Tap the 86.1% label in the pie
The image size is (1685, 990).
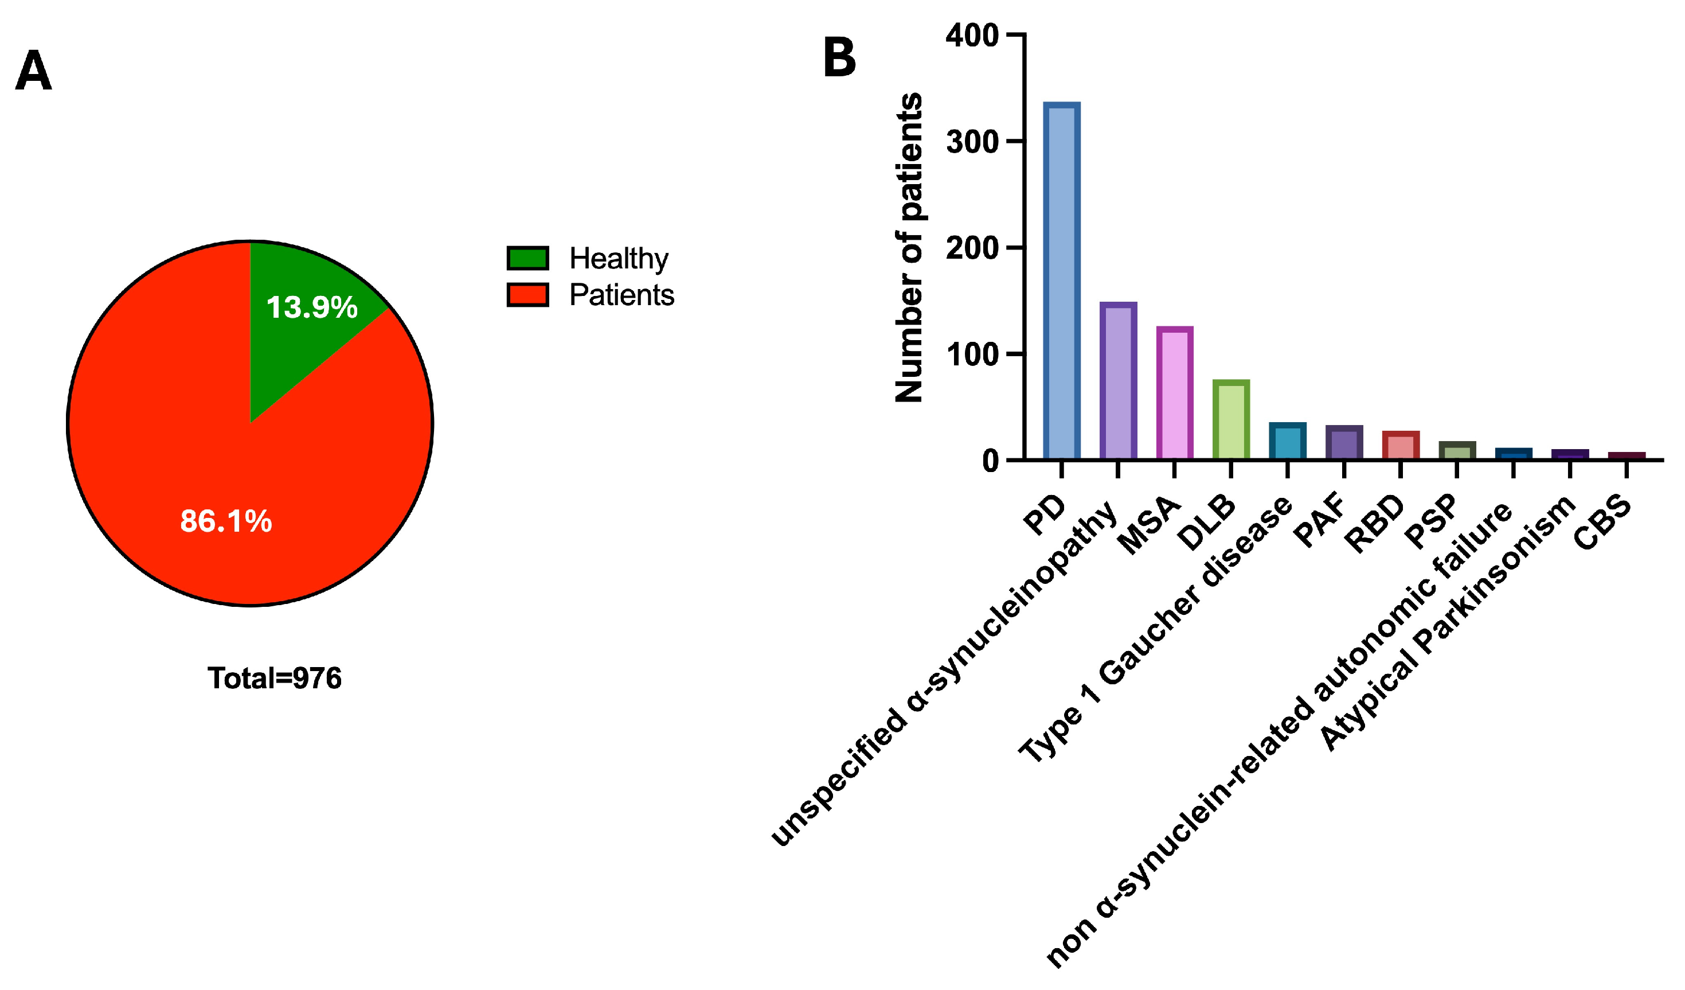226,521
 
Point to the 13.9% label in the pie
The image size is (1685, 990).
311,307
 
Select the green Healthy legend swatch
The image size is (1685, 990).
527,258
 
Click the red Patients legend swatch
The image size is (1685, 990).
527,295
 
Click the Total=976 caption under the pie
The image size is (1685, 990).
274,679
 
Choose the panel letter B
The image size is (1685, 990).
839,57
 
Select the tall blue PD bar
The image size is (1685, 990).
1061,281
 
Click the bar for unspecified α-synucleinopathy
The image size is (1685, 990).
1118,381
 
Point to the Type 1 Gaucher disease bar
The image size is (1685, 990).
1288,442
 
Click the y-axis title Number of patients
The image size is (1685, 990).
909,248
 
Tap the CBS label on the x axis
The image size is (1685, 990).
1602,523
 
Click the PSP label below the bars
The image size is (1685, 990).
1430,522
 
